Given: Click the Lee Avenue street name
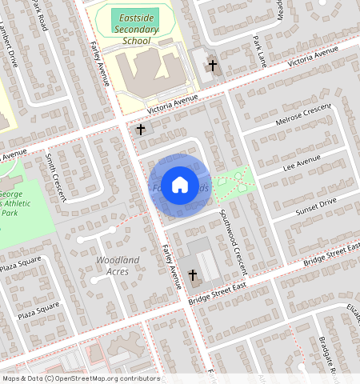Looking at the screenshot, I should pyautogui.click(x=302, y=164).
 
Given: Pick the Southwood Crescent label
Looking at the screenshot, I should pyautogui.click(x=236, y=238).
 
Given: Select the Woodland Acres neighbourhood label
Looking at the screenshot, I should pyautogui.click(x=118, y=266).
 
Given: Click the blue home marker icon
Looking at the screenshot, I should pyautogui.click(x=180, y=184).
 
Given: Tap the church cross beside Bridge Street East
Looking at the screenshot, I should pyautogui.click(x=193, y=277).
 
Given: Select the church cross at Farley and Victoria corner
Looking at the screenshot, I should pyautogui.click(x=141, y=129).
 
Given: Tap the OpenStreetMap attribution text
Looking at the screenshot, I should pyautogui.click(x=80, y=378).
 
